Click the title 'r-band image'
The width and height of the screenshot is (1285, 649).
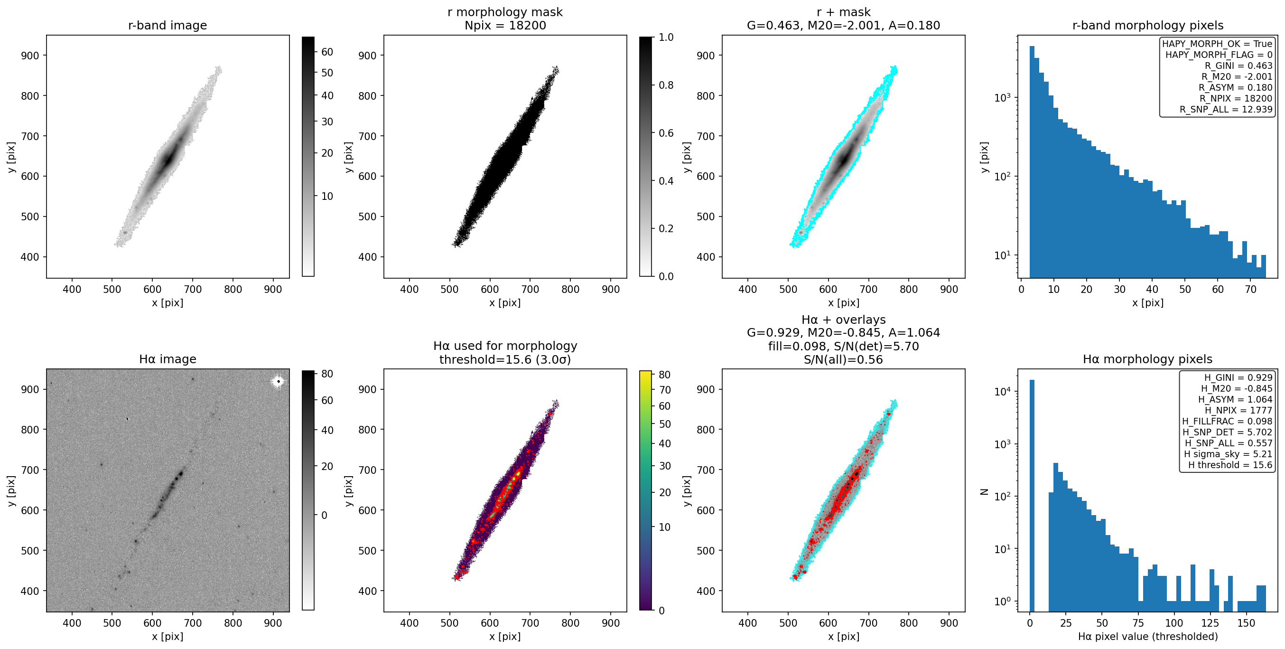[168, 26]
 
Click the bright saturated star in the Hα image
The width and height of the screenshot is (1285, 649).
[279, 381]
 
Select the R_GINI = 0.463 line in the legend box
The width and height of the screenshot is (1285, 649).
[1238, 66]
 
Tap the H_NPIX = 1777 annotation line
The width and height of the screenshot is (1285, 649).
[1238, 410]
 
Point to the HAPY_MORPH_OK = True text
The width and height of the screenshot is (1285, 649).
[1217, 44]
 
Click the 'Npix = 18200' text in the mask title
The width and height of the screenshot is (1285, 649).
[505, 26]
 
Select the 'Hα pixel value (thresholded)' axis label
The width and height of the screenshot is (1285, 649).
[1148, 637]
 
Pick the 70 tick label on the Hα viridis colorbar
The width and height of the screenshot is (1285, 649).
[665, 390]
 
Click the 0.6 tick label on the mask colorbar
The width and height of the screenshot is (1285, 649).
[666, 133]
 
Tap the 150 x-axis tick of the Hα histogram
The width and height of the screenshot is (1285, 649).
[1246, 623]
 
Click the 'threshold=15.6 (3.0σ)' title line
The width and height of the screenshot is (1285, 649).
[505, 359]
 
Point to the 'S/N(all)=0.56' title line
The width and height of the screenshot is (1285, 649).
[843, 359]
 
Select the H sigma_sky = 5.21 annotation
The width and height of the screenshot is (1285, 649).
[1228, 454]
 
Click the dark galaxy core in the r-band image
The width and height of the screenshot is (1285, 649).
[168, 159]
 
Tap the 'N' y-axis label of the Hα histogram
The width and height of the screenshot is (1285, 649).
[984, 492]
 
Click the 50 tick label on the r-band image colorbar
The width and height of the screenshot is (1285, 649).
[327, 73]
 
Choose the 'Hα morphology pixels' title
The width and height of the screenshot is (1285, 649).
[1147, 359]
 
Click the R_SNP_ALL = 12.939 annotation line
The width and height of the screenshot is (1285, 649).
[1226, 109]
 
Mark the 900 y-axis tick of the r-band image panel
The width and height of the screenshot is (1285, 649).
[30, 56]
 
